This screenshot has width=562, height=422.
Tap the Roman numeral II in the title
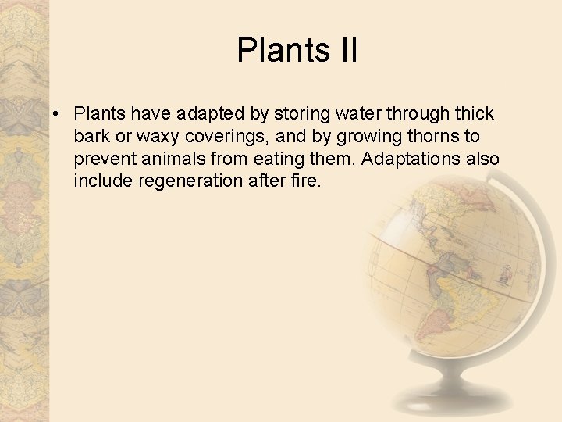coord(348,50)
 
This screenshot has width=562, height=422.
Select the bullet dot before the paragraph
coord(58,114)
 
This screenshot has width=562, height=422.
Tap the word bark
coord(91,136)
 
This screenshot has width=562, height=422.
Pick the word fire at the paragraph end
coord(305,181)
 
